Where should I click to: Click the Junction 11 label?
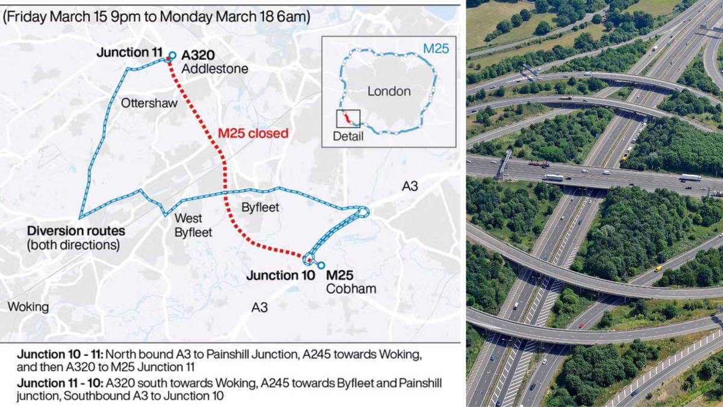pyautogui.click(x=128, y=53)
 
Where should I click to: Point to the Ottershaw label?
pyautogui.click(x=149, y=103)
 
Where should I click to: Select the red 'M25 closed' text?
pyautogui.click(x=252, y=133)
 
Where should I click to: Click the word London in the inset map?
pyautogui.click(x=389, y=92)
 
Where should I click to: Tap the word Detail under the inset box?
pyautogui.click(x=348, y=137)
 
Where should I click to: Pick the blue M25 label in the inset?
pyautogui.click(x=436, y=48)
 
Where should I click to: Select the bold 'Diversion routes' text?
pyautogui.click(x=76, y=231)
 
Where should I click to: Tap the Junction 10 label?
pyautogui.click(x=281, y=276)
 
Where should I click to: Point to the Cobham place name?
pyautogui.click(x=351, y=289)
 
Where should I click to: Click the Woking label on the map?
pyautogui.click(x=28, y=307)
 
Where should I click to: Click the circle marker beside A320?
pyautogui.click(x=172, y=55)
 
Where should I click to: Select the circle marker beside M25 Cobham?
pyautogui.click(x=321, y=265)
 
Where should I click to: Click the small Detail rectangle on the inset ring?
pyautogui.click(x=348, y=118)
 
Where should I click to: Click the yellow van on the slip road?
pyautogui.click(x=658, y=268)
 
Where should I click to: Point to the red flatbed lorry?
pyautogui.click(x=539, y=163)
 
